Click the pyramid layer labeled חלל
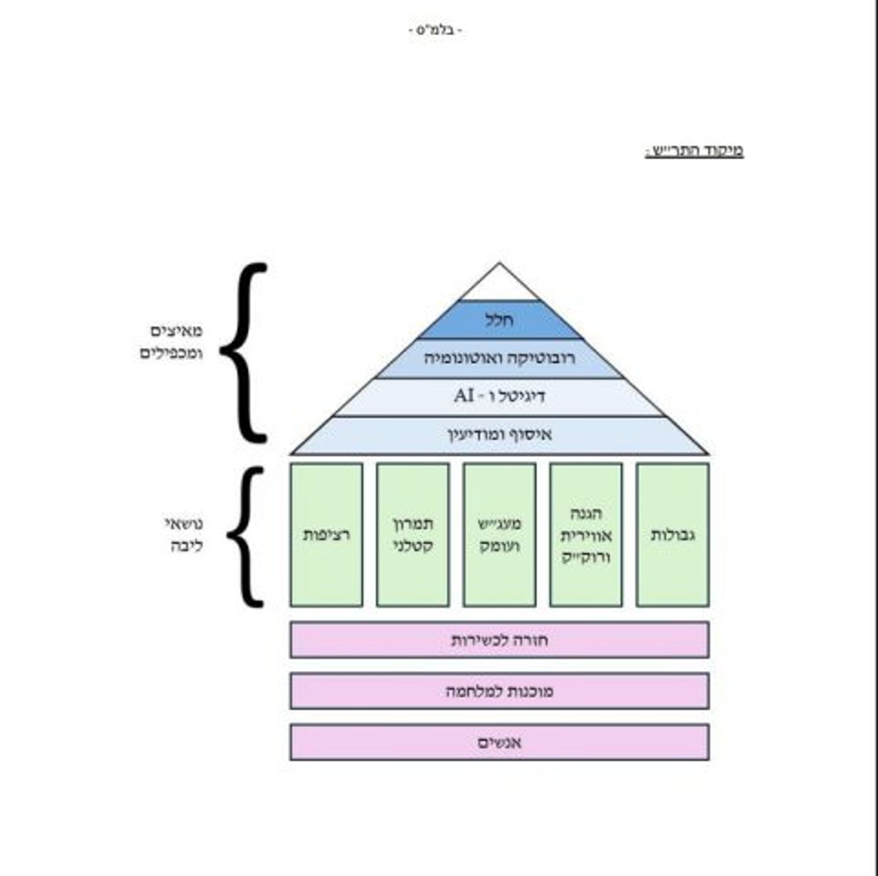point(499,320)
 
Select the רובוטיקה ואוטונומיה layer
point(499,358)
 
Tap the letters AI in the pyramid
point(464,396)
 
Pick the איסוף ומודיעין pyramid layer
point(499,435)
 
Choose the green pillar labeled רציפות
point(326,535)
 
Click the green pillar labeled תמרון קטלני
point(413,535)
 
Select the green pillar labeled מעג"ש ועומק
point(499,535)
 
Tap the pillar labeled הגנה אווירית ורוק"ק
point(586,535)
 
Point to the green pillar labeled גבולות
point(672,535)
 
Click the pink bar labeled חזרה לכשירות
point(499,640)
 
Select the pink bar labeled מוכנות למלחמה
point(499,691)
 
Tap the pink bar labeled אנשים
point(499,742)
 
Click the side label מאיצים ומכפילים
point(171,342)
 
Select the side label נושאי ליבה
point(184,535)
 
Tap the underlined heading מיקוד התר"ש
point(694,151)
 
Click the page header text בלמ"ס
point(436,31)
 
